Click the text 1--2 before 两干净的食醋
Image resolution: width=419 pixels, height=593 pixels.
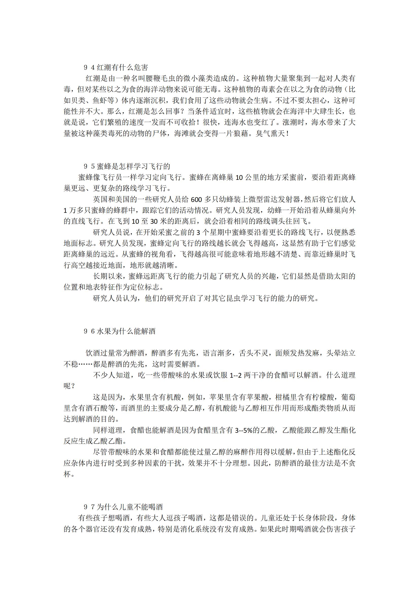[235, 375]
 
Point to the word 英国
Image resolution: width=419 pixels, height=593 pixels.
[100, 200]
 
